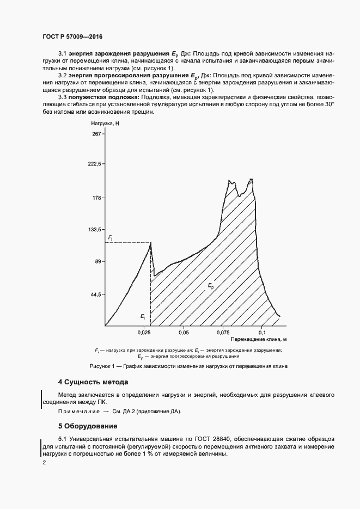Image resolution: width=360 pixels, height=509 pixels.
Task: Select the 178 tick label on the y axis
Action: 96,198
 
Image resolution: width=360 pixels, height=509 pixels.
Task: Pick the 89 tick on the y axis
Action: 97,262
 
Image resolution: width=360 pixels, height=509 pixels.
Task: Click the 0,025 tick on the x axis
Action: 144,332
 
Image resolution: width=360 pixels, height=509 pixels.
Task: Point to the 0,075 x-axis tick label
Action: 222,332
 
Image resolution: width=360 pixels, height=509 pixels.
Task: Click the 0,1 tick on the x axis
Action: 261,332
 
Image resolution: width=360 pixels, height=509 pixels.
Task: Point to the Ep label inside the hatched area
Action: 211,285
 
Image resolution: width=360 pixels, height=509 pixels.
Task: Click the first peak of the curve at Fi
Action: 150,243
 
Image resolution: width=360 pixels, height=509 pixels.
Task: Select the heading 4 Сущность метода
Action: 93,382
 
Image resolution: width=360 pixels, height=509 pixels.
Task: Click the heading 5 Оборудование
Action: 88,425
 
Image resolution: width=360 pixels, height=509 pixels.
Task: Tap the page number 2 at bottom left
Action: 44,463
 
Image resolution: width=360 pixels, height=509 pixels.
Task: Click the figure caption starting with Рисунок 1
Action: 188,366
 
